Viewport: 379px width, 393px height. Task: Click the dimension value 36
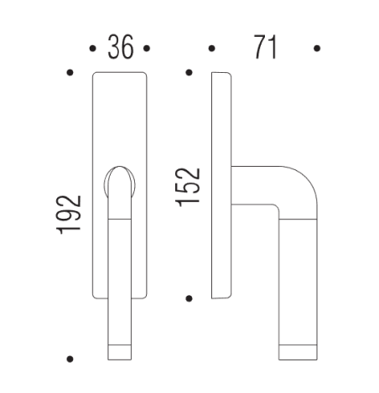coord(121,48)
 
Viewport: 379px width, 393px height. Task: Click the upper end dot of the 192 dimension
coord(70,73)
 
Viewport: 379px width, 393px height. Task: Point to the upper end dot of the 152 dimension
coord(190,73)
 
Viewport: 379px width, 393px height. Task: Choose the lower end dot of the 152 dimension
coord(190,297)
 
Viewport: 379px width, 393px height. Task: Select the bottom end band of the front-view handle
coord(120,351)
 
